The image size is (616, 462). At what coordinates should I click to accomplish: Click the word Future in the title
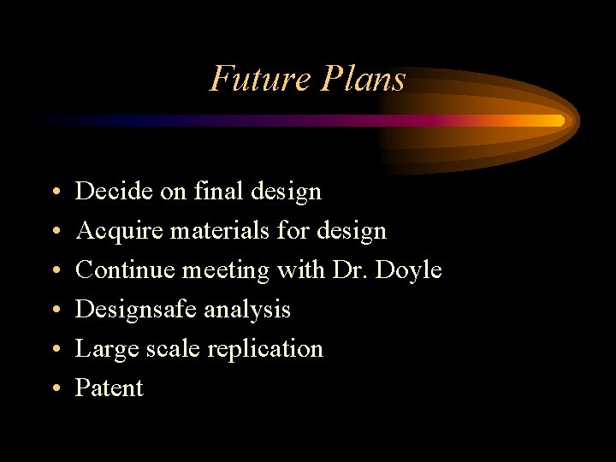(x=260, y=79)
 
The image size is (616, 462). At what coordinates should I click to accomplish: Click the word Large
(x=103, y=349)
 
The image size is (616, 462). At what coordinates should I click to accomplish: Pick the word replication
(x=271, y=349)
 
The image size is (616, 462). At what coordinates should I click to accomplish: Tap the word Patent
(x=110, y=388)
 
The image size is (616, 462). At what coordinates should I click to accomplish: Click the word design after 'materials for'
(x=352, y=231)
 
